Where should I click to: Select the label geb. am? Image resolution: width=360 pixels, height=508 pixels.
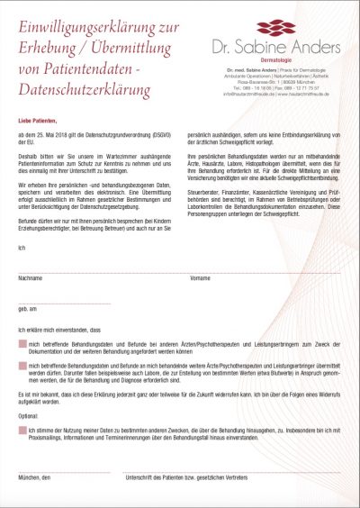(x=28, y=309)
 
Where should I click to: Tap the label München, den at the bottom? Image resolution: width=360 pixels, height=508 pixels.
(x=34, y=476)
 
